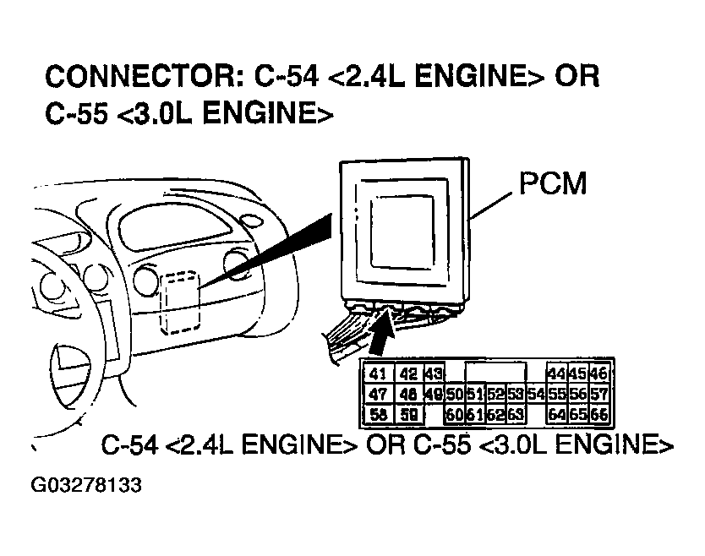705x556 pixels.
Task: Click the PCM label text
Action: [552, 184]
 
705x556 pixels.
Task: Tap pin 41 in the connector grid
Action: [379, 373]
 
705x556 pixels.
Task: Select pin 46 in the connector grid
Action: [598, 373]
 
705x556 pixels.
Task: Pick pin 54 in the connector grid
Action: [534, 394]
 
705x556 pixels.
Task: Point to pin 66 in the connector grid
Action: [598, 414]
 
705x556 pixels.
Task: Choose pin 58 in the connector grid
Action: [379, 414]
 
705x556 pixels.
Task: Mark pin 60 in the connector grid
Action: [454, 414]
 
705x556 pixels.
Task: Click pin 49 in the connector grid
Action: [434, 394]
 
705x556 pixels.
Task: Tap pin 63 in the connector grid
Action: [515, 414]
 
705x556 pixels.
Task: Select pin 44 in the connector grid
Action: [556, 373]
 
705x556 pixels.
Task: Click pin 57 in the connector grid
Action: [598, 394]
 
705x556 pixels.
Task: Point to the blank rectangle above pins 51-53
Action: [495, 373]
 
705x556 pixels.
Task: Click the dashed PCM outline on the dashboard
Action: [179, 303]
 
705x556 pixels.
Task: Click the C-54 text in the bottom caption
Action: [128, 445]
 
